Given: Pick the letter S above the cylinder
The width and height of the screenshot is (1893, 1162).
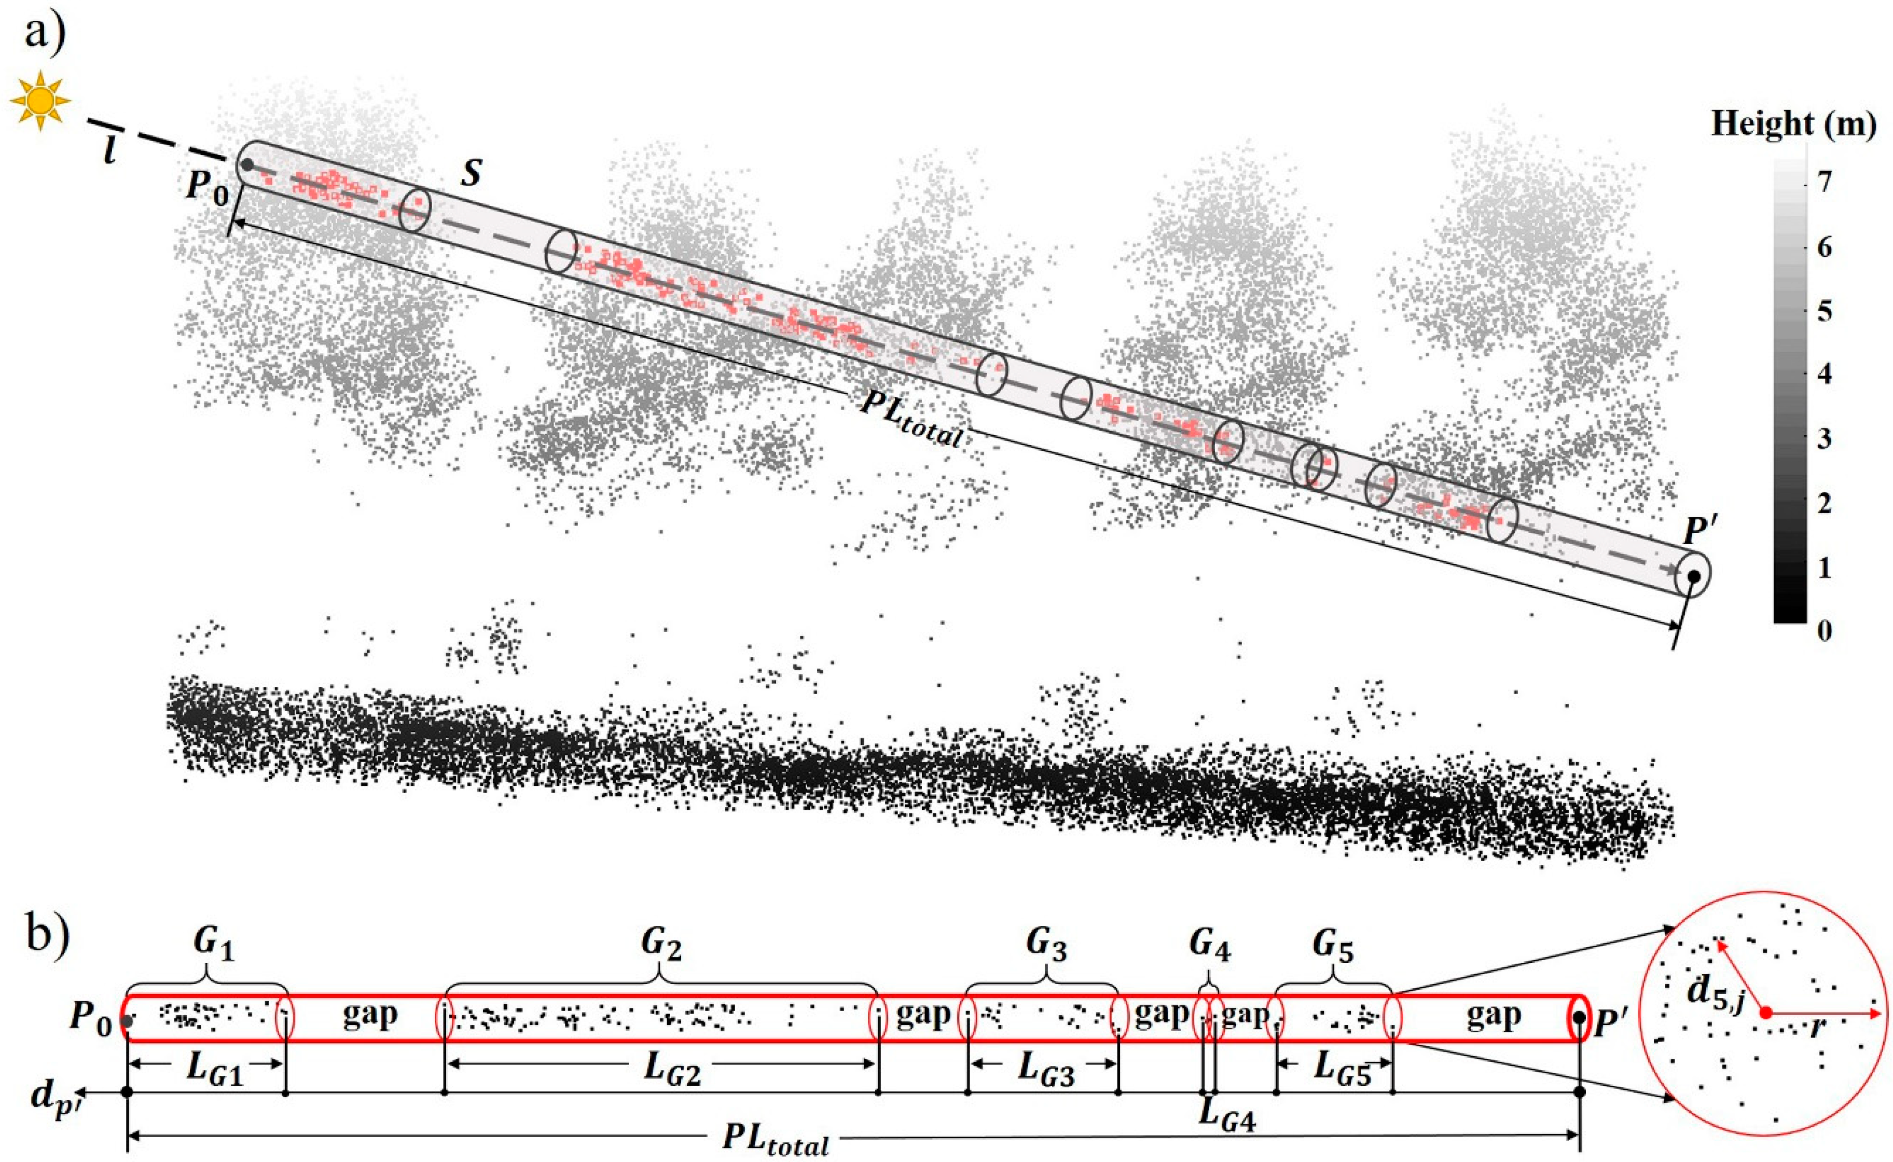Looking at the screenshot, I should point(471,174).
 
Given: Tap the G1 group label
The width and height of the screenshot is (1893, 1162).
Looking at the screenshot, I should point(213,947).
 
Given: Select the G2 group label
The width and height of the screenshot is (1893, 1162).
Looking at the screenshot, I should point(661,947).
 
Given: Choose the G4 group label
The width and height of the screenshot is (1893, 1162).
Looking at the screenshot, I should point(1209,947).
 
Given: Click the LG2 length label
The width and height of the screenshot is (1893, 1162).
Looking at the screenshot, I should point(672,1070).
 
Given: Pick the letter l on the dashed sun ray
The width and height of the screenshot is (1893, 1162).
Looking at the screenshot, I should point(110,150).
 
